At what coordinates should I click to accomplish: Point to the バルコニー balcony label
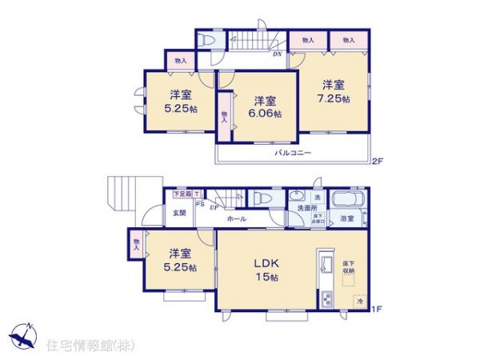[x=294, y=152]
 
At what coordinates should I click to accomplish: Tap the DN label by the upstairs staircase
[x=277, y=54]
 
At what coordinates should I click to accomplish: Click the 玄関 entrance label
[x=179, y=214]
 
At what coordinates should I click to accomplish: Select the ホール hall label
[x=236, y=218]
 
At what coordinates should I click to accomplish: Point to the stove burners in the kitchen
[x=326, y=300]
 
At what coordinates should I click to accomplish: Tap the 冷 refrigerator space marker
[x=360, y=301]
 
